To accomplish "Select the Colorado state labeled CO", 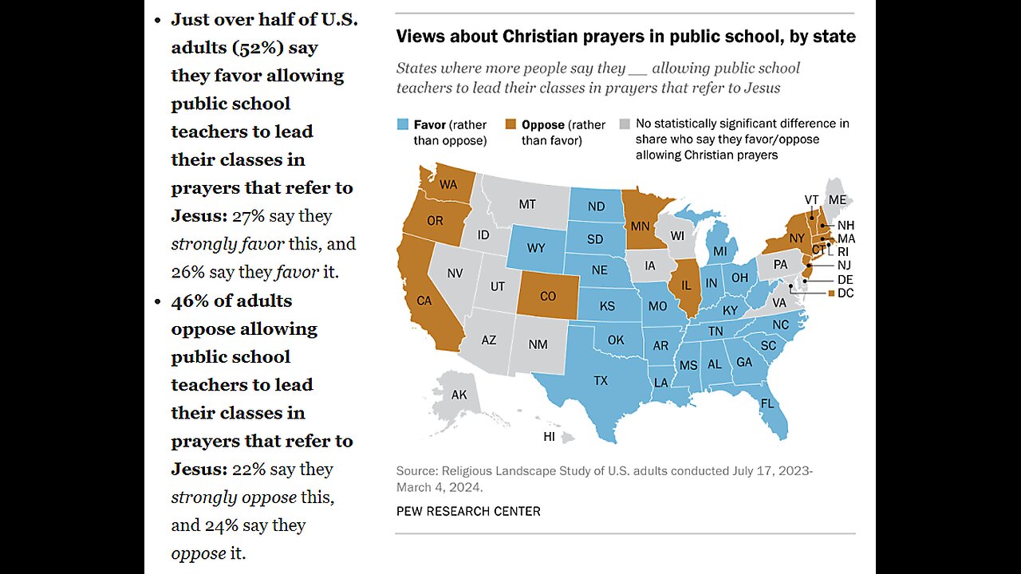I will click(x=548, y=297).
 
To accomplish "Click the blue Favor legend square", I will click(x=403, y=124).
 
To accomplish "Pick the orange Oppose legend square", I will click(x=511, y=124).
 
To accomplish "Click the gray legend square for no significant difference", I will click(x=625, y=124).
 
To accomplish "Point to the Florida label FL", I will click(x=767, y=403).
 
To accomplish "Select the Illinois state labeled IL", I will click(x=685, y=285).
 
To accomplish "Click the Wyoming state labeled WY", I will click(x=535, y=247).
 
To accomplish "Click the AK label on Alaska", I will click(x=459, y=395).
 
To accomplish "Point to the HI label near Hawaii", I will click(x=549, y=437).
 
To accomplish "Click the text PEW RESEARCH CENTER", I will click(x=468, y=511).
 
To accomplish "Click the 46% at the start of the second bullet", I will click(x=188, y=301).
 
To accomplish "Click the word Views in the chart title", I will click(x=420, y=37).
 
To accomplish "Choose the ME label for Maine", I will click(x=838, y=199).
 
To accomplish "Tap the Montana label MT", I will click(x=527, y=204).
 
